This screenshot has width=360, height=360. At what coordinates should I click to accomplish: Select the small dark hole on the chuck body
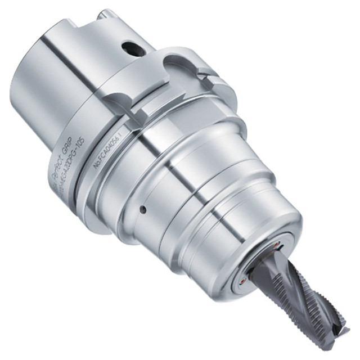[x=143, y=210]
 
